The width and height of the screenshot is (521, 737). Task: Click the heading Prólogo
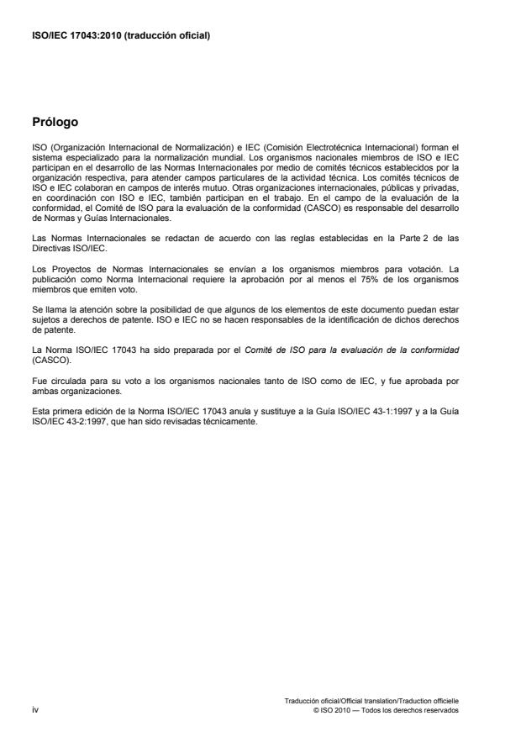(55, 122)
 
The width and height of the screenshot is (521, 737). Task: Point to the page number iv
(35, 709)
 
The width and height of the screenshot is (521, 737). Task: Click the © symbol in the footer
(314, 709)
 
